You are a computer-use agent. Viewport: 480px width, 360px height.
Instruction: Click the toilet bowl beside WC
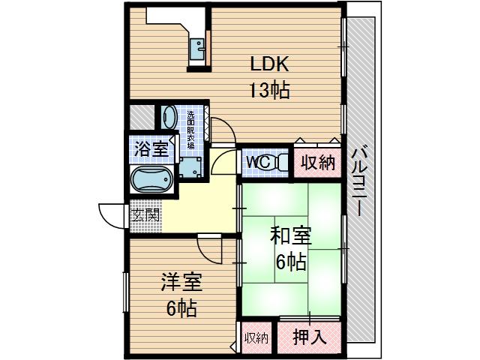[277, 161]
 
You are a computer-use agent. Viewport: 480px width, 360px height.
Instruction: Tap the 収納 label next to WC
[318, 161]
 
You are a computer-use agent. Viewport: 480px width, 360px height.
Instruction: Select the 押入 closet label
[308, 336]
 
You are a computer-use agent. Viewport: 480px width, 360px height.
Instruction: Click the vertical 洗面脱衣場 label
[190, 130]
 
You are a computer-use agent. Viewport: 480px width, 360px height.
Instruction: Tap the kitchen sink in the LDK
[199, 49]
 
